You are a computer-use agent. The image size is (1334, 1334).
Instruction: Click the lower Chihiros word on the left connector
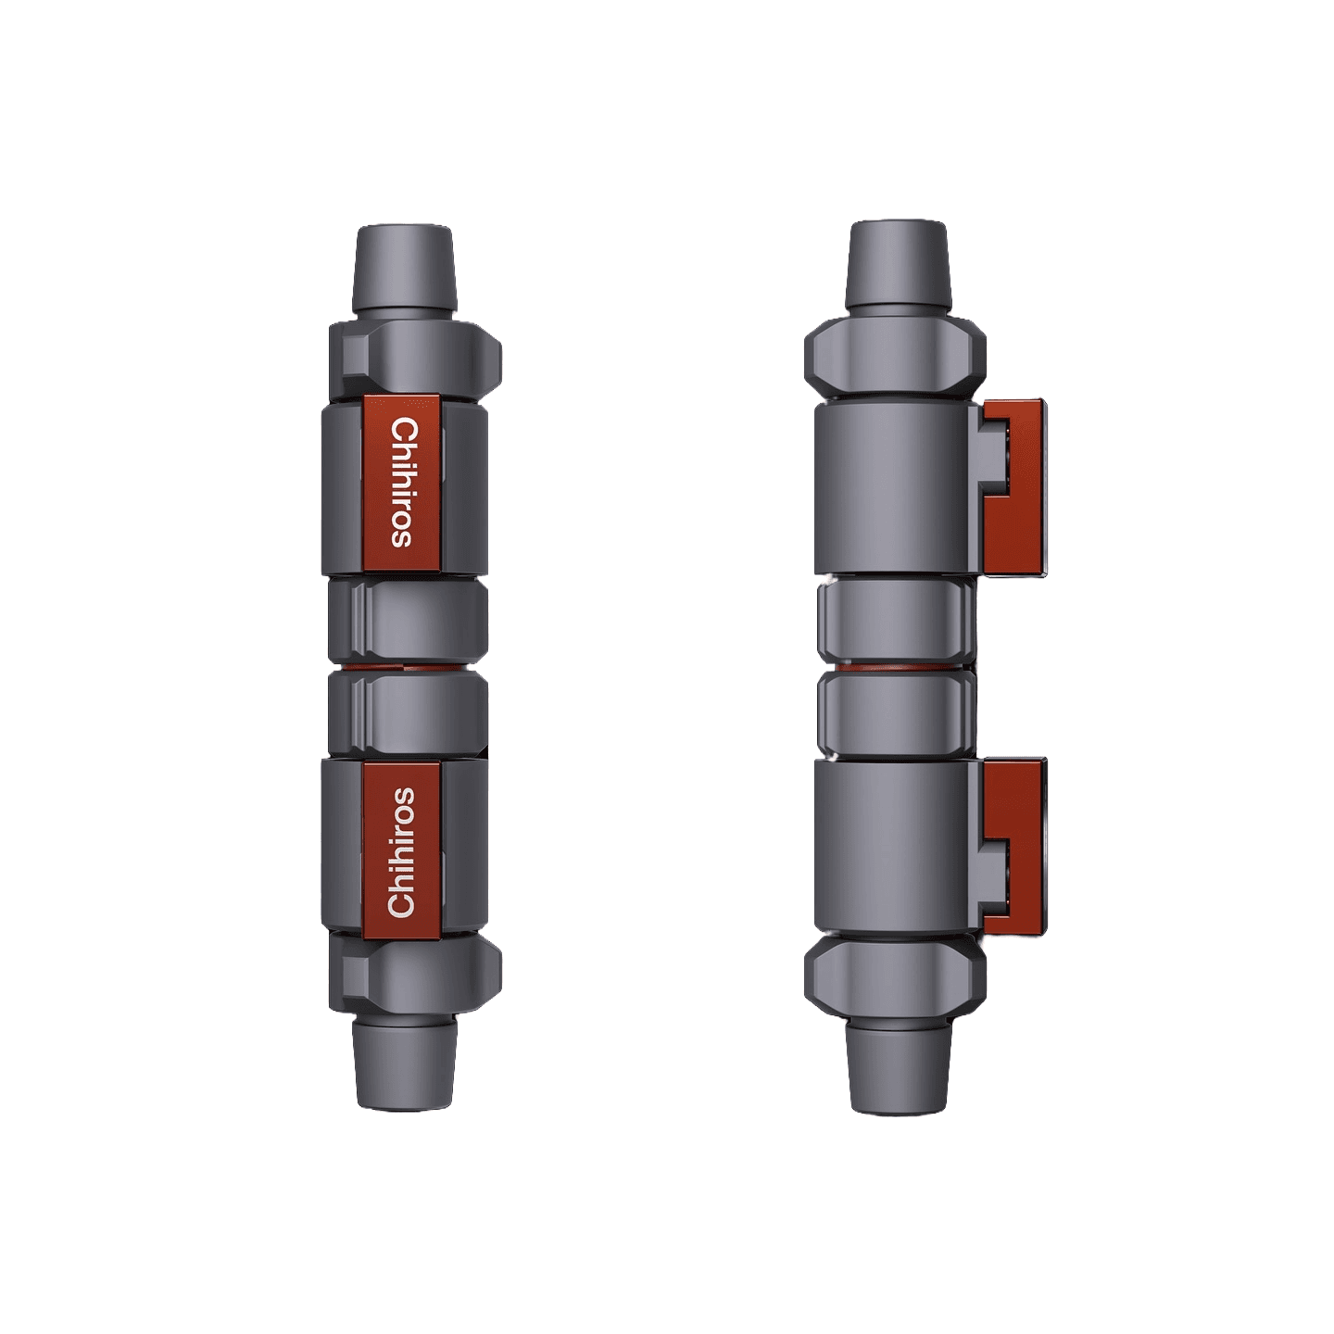[x=402, y=851]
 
